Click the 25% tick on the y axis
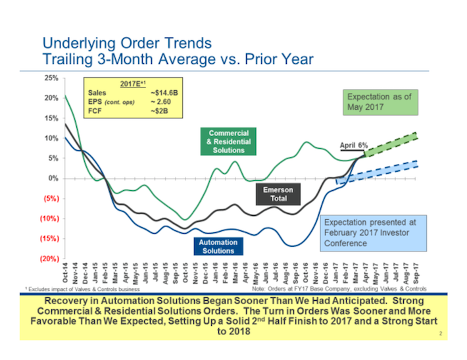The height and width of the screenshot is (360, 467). pyautogui.click(x=50, y=78)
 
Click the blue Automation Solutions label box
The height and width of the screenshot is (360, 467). pyautogui.click(x=218, y=246)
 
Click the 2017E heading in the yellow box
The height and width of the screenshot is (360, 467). pyautogui.click(x=133, y=84)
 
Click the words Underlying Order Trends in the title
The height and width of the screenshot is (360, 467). pyautogui.click(x=127, y=43)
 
